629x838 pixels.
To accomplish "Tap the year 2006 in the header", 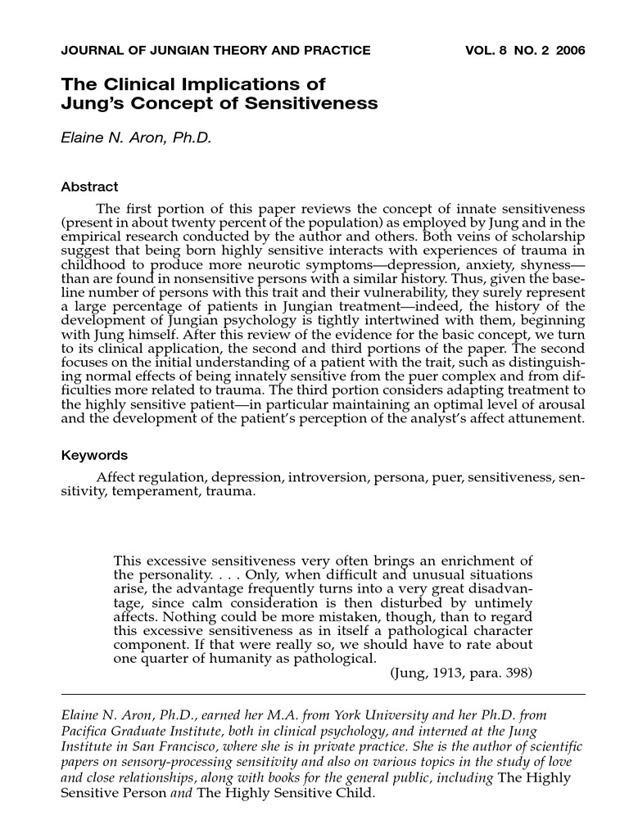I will [570, 50].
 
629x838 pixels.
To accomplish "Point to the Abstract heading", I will [89, 187].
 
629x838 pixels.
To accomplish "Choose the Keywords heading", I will [94, 455].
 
